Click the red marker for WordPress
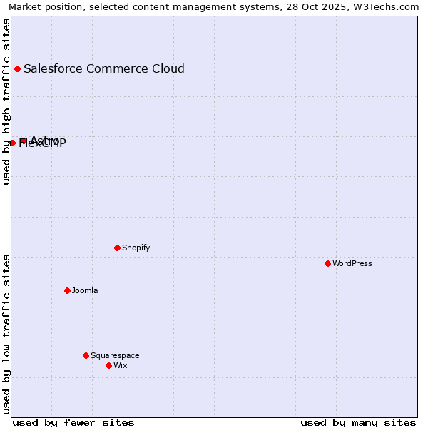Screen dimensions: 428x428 point(327,263)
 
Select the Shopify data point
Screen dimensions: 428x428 point(117,248)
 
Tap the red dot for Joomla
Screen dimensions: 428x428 point(67,290)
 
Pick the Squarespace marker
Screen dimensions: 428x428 point(86,355)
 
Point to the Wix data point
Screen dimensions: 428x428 point(108,365)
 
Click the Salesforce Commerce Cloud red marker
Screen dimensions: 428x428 point(17,68)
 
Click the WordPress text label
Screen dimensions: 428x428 point(352,263)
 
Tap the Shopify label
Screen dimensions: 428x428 point(136,248)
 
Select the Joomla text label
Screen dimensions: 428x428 point(85,290)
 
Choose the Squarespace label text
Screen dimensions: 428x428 point(115,355)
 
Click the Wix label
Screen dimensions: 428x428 point(121,365)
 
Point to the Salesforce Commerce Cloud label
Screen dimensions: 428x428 point(104,68)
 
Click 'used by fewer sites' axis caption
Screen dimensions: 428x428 point(73,422)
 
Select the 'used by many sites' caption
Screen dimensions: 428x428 point(358,422)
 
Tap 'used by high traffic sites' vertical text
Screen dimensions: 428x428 point(6,102)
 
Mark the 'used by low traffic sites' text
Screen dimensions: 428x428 point(6,334)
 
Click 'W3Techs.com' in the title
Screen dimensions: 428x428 point(389,7)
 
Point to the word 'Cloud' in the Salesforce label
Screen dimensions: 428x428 point(167,68)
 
